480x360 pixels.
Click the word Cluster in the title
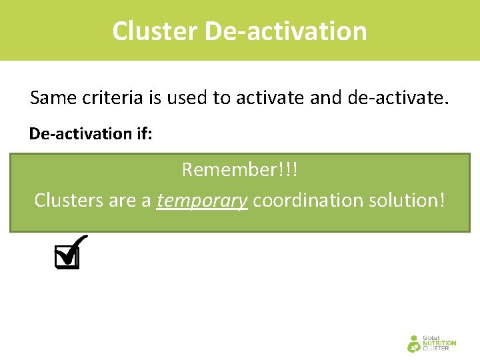pyautogui.click(x=155, y=31)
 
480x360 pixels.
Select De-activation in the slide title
pyautogui.click(x=286, y=31)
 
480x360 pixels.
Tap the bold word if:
pyautogui.click(x=144, y=133)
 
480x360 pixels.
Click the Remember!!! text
pyautogui.click(x=240, y=170)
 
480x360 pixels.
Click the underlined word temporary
pyautogui.click(x=202, y=200)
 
